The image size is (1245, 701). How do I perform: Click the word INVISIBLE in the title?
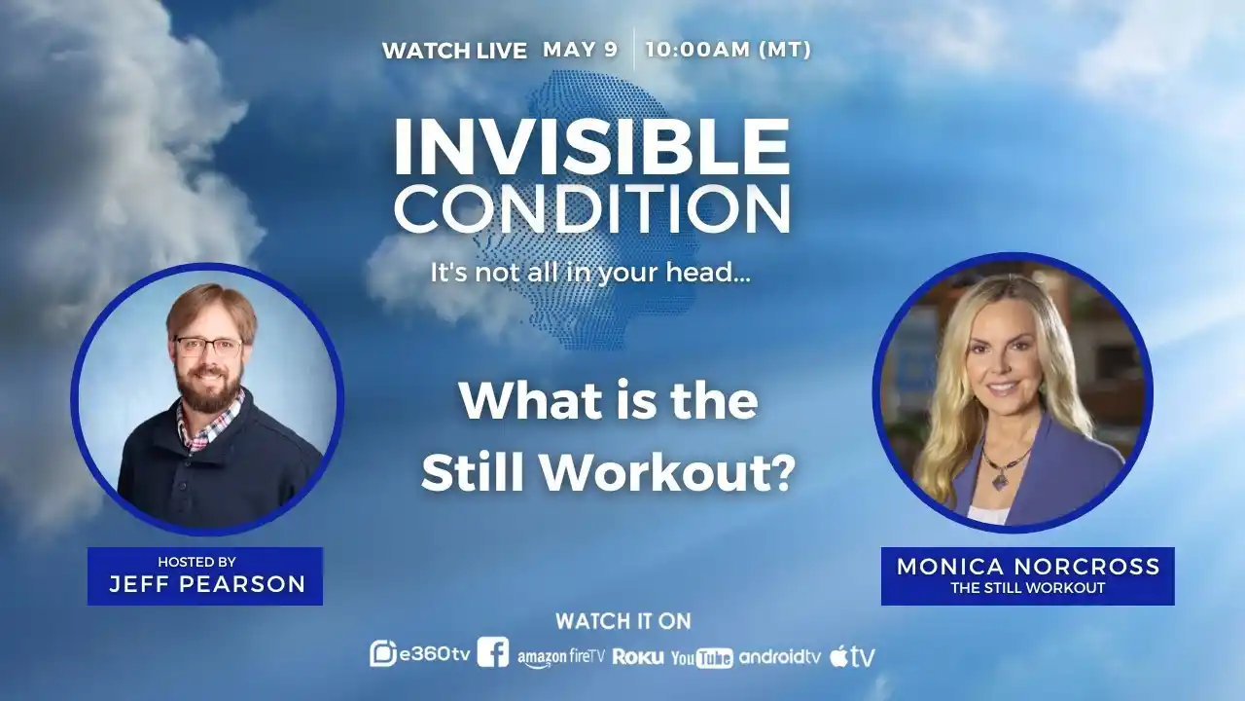[x=590, y=147]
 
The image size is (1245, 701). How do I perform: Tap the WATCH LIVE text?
[x=454, y=51]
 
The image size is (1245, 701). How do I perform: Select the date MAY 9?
[x=580, y=50]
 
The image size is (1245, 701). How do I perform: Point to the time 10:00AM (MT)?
[x=728, y=50]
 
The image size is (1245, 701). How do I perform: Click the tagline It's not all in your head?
[x=590, y=273]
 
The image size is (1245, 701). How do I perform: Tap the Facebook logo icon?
[x=493, y=652]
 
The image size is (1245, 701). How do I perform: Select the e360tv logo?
[x=419, y=654]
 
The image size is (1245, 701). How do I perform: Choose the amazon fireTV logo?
[x=561, y=657]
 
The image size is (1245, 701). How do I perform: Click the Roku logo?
[x=638, y=656]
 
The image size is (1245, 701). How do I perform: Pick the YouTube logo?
[x=701, y=658]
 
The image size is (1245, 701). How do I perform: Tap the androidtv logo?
[x=780, y=656]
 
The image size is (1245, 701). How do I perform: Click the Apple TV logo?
[x=852, y=656]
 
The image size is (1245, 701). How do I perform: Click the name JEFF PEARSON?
[x=207, y=584]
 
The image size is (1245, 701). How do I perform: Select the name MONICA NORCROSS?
[x=1028, y=567]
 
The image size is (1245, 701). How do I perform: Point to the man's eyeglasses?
[x=207, y=346]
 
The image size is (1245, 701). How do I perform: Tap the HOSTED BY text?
[x=196, y=562]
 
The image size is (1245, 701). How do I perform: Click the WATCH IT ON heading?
[x=622, y=621]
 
